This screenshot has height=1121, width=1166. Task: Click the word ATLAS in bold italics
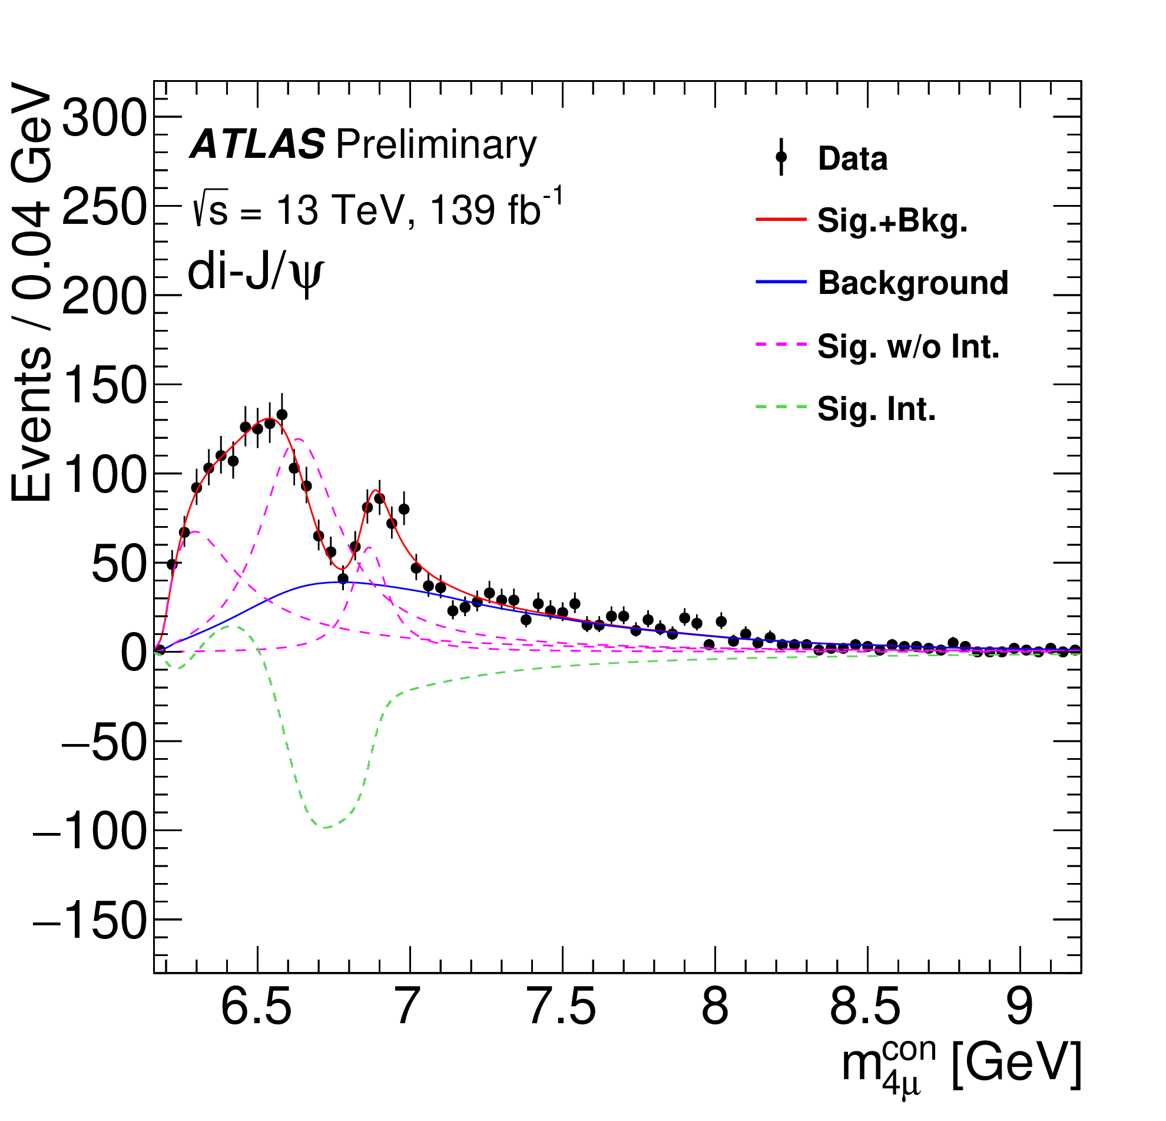(257, 144)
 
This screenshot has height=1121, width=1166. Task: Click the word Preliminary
(436, 144)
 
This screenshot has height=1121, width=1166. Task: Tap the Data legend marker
(781, 158)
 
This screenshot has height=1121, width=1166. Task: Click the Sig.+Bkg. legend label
(892, 220)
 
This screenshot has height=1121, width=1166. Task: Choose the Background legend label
(913, 283)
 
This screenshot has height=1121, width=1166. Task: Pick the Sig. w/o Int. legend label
(908, 346)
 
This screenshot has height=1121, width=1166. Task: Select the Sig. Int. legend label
(876, 409)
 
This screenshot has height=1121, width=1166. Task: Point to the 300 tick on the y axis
(104, 117)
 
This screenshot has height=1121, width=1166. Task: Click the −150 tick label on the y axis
(90, 920)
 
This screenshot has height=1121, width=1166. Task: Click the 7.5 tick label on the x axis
(562, 1007)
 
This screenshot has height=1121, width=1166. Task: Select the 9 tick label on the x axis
(1019, 1007)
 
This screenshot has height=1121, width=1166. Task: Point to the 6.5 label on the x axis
(256, 1007)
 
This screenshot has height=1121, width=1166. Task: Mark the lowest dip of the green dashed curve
(326, 827)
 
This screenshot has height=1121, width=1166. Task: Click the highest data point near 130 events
(282, 415)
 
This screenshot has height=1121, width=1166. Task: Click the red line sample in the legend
(781, 220)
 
